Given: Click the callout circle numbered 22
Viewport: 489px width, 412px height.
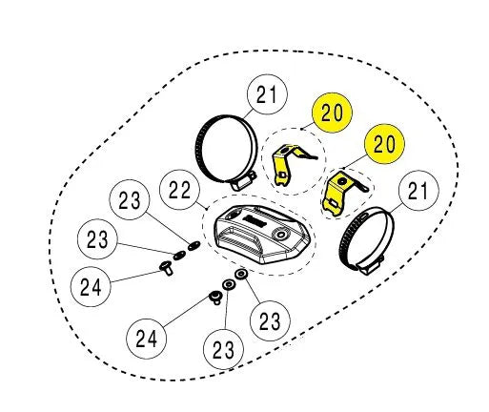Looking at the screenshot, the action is [179, 190].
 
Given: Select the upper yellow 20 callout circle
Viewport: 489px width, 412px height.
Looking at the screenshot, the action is [332, 113].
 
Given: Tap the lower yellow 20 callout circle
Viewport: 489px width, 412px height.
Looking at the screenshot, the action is [384, 144].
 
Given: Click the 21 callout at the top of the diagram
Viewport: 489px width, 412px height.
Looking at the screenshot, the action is [267, 94].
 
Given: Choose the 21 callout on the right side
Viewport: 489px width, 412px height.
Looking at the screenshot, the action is [418, 191].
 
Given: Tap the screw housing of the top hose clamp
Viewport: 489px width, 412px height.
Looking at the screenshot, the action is [242, 182].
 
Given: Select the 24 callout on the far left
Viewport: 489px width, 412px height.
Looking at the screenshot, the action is [91, 286].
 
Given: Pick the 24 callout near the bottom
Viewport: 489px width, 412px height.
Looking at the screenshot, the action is [146, 339].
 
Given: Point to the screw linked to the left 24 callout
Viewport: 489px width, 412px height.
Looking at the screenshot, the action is [167, 268].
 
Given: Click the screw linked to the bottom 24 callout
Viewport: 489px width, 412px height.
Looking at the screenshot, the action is [215, 297].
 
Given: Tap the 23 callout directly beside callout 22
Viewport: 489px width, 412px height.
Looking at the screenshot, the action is [130, 199].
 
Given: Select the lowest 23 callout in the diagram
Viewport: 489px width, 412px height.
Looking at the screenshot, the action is [223, 349].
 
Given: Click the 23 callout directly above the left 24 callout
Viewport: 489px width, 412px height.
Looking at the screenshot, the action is [97, 238].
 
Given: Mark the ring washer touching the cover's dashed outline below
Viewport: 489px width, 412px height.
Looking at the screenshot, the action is [241, 274].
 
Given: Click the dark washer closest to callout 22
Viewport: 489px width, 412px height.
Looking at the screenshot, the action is [194, 245].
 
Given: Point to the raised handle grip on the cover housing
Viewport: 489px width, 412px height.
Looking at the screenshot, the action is [241, 239].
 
